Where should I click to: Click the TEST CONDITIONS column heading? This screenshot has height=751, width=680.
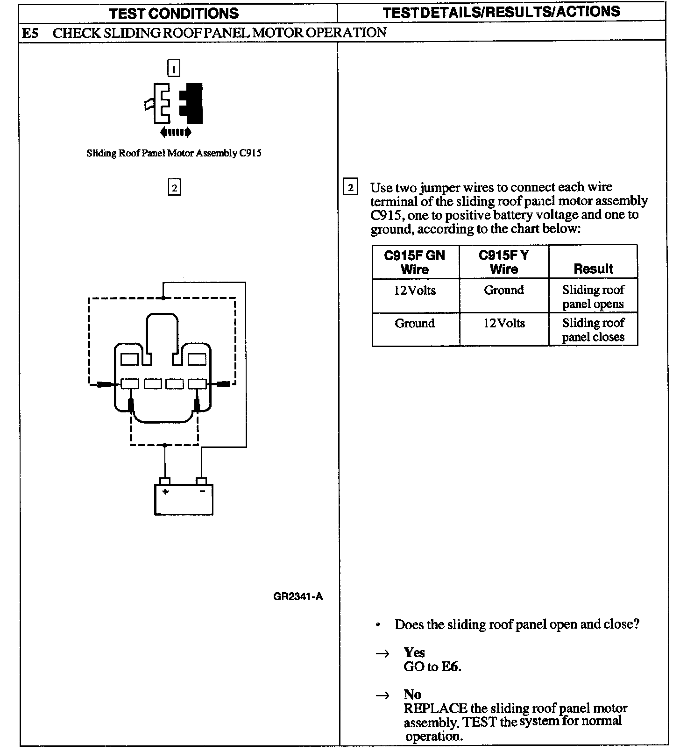coord(174,13)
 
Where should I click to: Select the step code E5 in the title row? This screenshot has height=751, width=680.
coord(30,33)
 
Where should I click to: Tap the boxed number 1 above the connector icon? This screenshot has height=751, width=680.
coord(173,69)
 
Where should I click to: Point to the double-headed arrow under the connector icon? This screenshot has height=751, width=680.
coord(175,133)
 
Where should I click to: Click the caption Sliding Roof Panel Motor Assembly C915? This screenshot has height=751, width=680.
coord(174,153)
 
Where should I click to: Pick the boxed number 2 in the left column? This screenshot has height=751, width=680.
coord(174,188)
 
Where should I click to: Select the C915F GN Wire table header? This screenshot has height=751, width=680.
coord(414,262)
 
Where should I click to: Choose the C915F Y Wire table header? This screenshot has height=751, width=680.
coord(503,262)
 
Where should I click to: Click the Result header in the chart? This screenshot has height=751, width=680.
coord(593,269)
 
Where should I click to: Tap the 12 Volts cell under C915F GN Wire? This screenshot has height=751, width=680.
coord(414,290)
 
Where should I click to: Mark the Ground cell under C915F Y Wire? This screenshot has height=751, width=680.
coord(503,290)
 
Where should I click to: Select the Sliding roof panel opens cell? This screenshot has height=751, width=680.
coord(593,297)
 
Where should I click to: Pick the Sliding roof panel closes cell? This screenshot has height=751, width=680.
coord(593,330)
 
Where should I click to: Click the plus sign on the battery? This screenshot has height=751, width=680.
coord(165,491)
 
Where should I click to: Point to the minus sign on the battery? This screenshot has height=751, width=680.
coord(202,491)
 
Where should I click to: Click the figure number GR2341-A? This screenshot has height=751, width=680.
coord(298,596)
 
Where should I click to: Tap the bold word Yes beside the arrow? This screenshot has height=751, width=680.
coord(414,652)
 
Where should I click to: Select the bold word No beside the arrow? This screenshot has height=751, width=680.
coord(412,694)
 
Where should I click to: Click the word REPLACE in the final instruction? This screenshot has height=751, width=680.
coord(435,708)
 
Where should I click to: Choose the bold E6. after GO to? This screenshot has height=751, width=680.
coord(451,666)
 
